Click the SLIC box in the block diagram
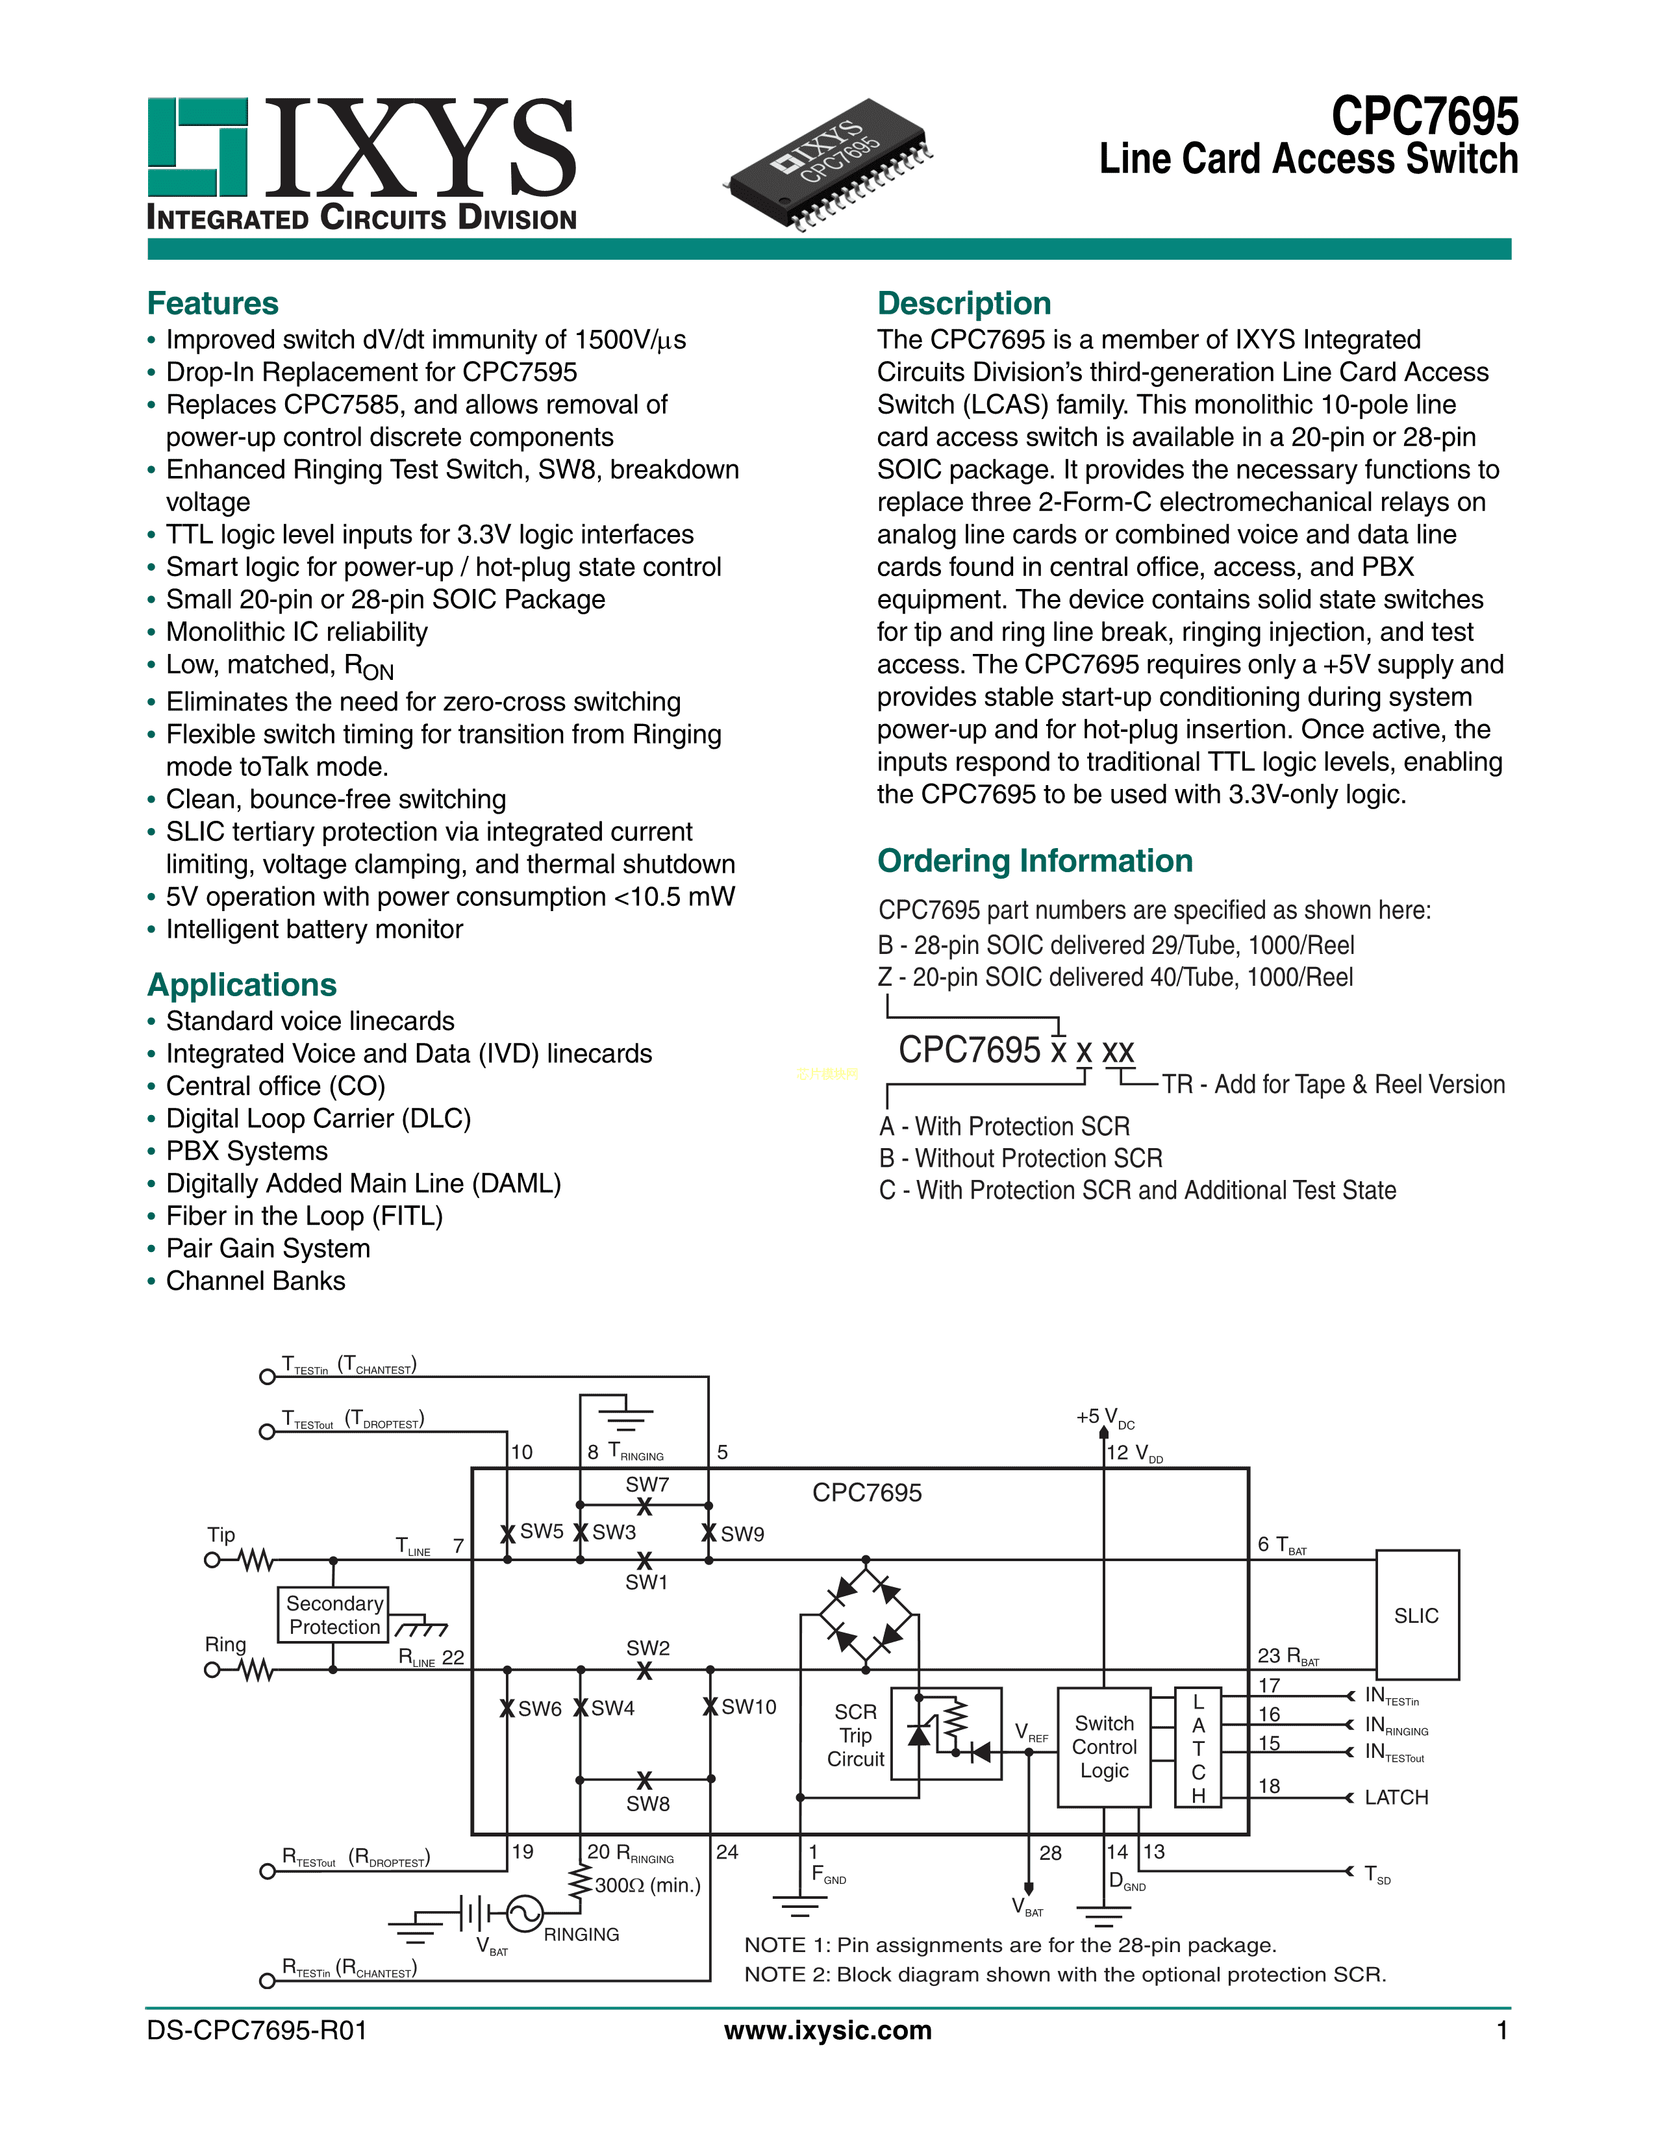click(x=1416, y=1615)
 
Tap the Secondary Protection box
click(x=334, y=1615)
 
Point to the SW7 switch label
click(x=647, y=1485)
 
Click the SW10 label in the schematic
click(x=749, y=1707)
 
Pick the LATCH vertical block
click(x=1198, y=1748)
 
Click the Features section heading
click(x=213, y=303)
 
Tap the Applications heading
click(x=242, y=984)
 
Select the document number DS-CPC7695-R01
click(x=257, y=2030)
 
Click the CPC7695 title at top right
click(x=1424, y=117)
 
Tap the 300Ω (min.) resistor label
click(x=647, y=1885)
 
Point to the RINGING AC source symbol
click(x=525, y=1912)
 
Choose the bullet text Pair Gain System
click(x=268, y=1248)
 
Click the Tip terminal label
click(x=221, y=1535)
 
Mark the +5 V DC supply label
click(x=1105, y=1417)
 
